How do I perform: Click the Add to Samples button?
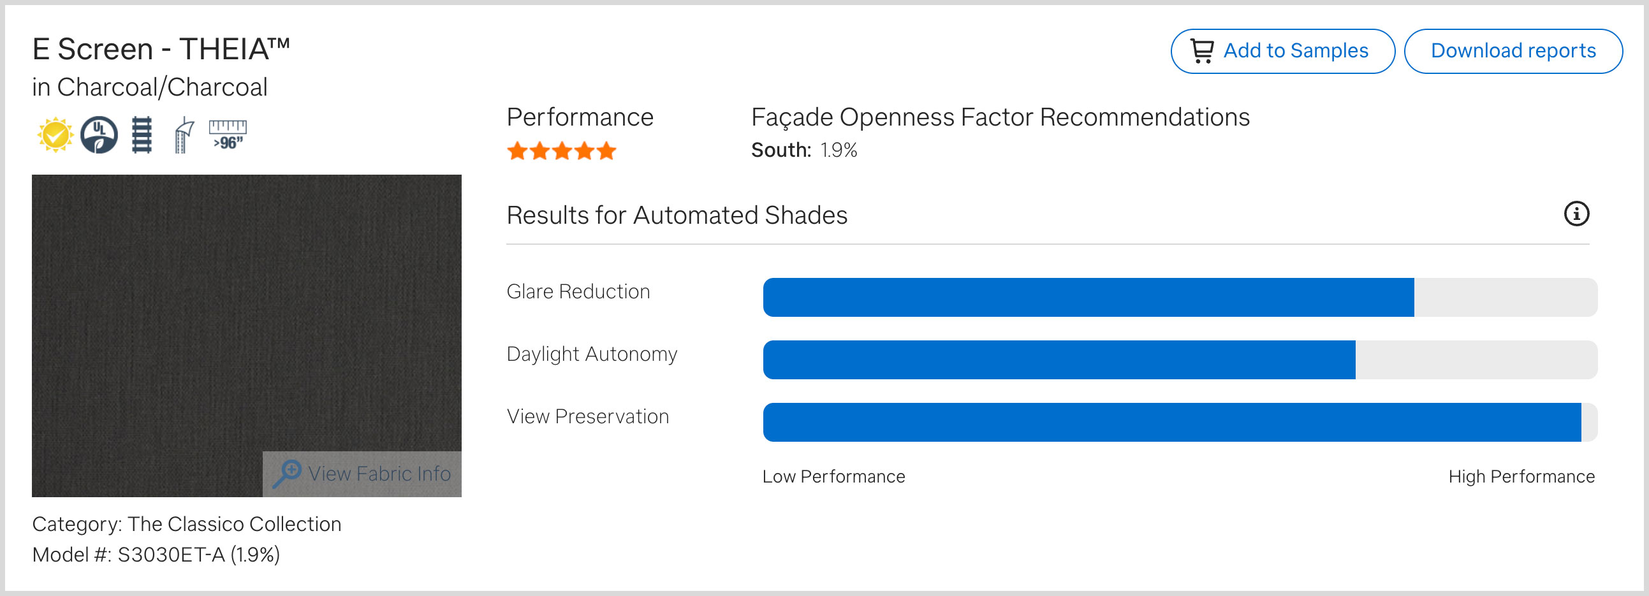(1282, 51)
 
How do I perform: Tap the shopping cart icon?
(1201, 51)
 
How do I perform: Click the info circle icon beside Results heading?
(1576, 214)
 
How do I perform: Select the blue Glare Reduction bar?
(1088, 297)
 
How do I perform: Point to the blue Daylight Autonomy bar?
(1059, 360)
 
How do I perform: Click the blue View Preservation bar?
(1172, 423)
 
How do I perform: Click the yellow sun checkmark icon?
(55, 134)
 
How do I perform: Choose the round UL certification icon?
(99, 134)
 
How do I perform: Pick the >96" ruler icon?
(228, 134)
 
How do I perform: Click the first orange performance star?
(517, 152)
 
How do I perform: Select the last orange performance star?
(606, 152)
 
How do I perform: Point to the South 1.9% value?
(839, 150)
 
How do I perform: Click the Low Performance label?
(833, 476)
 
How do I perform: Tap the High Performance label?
(1521, 476)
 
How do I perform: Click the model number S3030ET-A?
(171, 555)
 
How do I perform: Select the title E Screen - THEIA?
(161, 49)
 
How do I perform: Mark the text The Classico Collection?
(234, 524)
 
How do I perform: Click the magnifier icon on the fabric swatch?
(287, 474)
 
